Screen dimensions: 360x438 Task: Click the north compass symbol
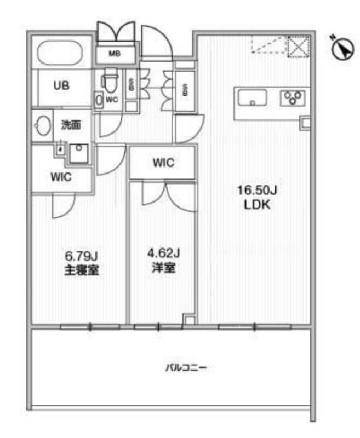coord(342,48)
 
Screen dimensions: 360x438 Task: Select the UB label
coord(61,85)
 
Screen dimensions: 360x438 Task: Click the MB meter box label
coord(115,53)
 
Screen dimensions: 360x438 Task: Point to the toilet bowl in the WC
coord(110,80)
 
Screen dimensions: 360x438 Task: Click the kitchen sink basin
coord(252,98)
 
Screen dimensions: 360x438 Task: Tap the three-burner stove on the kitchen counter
coord(293,98)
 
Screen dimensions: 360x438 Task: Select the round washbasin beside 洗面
coord(43,125)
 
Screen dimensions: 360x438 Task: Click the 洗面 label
coord(71,125)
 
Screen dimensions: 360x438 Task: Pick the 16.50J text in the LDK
coord(257,191)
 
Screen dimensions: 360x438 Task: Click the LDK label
coord(257,205)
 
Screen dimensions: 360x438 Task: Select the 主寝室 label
coord(82,270)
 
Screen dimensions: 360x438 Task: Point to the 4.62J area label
coord(163,253)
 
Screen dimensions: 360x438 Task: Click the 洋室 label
coord(164,268)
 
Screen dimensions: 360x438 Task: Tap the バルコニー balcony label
coord(186,367)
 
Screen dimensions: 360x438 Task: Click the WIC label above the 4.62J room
coord(163,163)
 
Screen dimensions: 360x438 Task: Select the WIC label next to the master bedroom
coord(61,177)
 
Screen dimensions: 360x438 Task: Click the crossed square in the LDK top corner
coord(299,46)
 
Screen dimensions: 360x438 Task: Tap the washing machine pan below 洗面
coord(78,153)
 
